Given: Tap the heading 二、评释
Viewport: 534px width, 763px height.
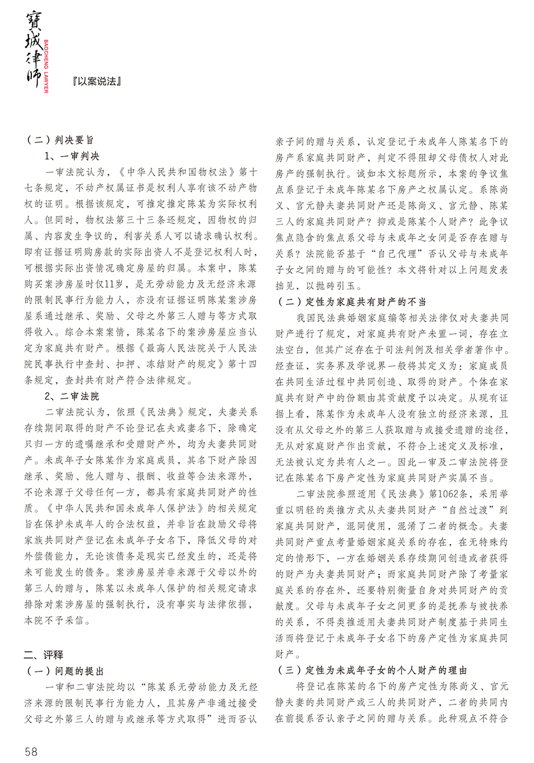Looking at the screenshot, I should [44, 655].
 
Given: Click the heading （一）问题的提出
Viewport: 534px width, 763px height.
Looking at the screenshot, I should [64, 671].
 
